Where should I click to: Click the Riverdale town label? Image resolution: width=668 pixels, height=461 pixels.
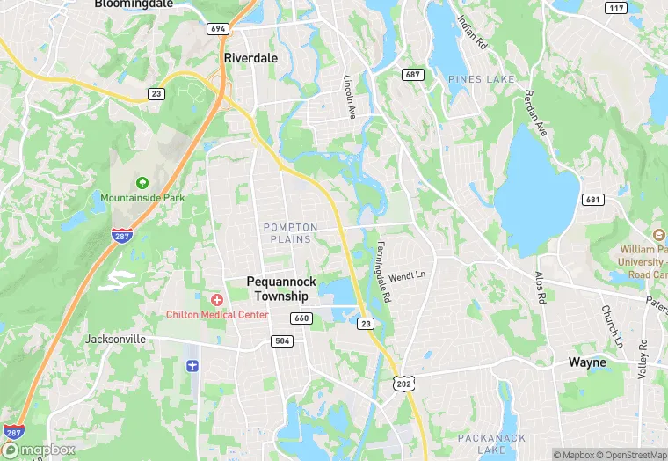[250, 57]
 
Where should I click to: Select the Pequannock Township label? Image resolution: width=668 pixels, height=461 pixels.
[289, 289]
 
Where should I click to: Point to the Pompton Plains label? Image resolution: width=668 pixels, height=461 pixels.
[289, 233]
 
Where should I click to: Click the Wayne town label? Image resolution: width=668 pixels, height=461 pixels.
[586, 362]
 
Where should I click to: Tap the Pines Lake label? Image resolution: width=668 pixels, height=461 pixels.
[481, 80]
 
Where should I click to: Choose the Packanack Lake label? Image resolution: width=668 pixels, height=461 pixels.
[491, 443]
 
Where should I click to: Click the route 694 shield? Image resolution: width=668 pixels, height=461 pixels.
[218, 29]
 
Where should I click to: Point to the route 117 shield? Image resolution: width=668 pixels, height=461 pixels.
[616, 8]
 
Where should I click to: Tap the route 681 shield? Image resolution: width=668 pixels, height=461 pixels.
[593, 200]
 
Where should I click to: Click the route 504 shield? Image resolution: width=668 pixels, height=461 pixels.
[282, 341]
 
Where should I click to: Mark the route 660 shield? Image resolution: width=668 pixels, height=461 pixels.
[301, 318]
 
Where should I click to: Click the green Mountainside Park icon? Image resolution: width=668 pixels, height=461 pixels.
[142, 183]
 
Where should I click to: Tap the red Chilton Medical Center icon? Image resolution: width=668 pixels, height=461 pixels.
[216, 300]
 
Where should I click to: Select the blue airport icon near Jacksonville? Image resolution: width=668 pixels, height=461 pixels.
[192, 364]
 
